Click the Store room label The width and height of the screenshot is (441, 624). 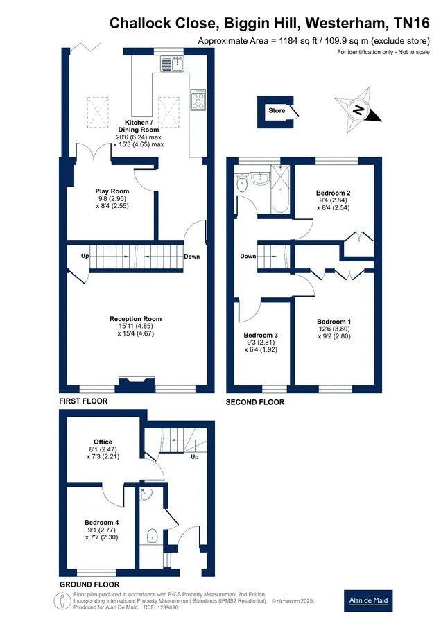[x=277, y=111]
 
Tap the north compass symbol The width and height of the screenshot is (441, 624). [x=358, y=110]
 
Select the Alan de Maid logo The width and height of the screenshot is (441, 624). [x=368, y=600]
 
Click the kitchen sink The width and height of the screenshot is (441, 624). [x=172, y=64]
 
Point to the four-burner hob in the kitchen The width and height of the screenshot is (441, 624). [x=198, y=99]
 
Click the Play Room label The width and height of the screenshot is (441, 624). [x=112, y=191]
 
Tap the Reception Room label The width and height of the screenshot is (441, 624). [x=136, y=319]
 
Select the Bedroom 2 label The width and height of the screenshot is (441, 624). [x=334, y=193]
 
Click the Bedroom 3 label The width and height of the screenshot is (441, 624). [x=261, y=336]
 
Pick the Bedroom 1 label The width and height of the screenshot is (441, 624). [x=334, y=322]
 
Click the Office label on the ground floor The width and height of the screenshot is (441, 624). [x=103, y=442]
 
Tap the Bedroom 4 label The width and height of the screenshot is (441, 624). [x=101, y=523]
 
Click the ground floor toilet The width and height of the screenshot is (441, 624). [x=152, y=536]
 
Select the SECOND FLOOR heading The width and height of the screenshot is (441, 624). [x=255, y=402]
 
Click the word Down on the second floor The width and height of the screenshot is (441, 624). [x=248, y=257]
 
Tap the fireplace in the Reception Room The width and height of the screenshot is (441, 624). [x=136, y=384]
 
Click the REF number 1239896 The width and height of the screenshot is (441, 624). [x=168, y=607]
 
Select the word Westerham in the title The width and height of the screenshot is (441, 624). [x=345, y=23]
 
